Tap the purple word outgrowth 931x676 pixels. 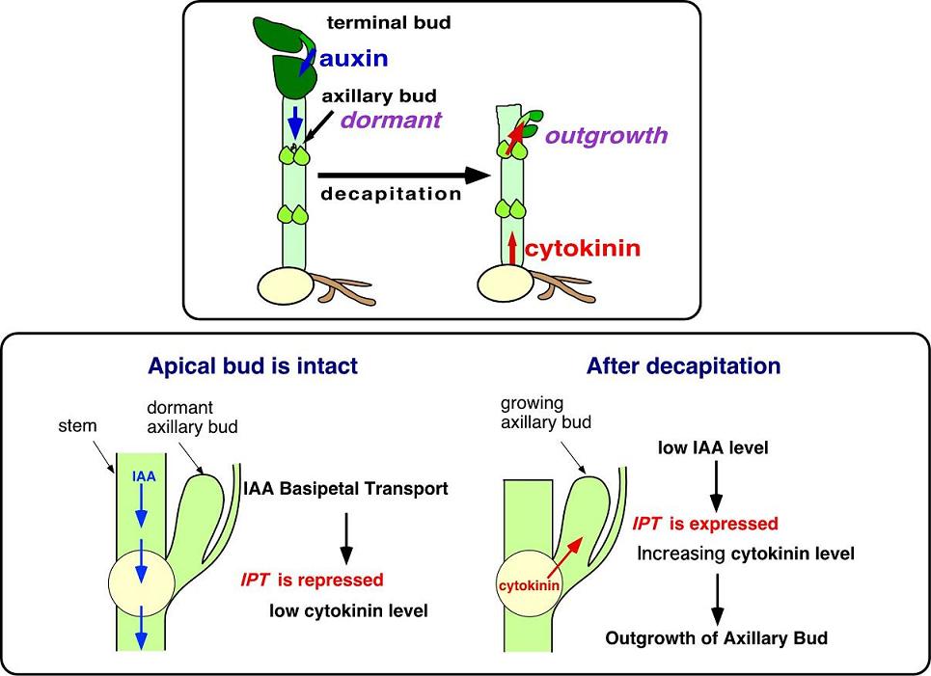(606, 135)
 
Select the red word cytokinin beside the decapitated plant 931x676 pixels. (583, 250)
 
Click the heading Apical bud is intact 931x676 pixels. (253, 366)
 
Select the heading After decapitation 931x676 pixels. (683, 366)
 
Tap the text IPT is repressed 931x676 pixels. (312, 580)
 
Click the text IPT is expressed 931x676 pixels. (705, 524)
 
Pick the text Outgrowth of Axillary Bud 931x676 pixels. (716, 637)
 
